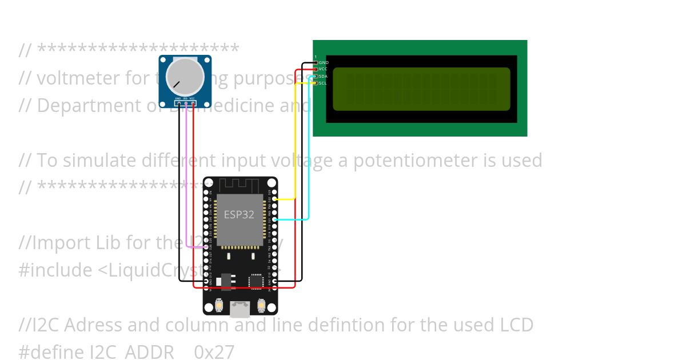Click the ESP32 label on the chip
point(239,215)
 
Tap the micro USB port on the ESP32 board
point(240,309)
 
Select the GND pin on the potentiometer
point(178,103)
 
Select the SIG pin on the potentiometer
point(185,103)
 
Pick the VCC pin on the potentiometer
point(193,103)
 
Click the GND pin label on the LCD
point(324,62)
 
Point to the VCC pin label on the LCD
point(323,69)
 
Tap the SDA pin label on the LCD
point(323,76)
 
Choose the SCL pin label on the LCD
point(323,83)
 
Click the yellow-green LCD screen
point(421,89)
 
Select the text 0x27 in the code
point(214,351)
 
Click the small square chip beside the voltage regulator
point(256,281)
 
